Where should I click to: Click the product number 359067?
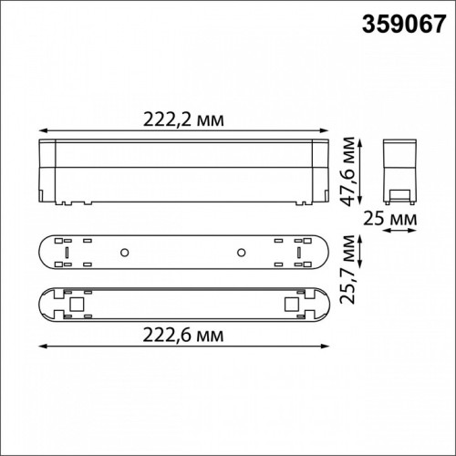(404, 25)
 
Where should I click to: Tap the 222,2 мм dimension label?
(183, 119)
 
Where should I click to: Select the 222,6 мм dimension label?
(183, 336)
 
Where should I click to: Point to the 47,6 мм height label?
(347, 171)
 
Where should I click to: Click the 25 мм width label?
(390, 219)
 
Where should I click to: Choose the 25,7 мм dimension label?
(347, 269)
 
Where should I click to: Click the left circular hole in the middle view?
(124, 253)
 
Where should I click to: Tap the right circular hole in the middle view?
(242, 253)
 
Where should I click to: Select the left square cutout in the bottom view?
(77, 305)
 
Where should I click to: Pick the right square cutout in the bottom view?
(292, 305)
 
